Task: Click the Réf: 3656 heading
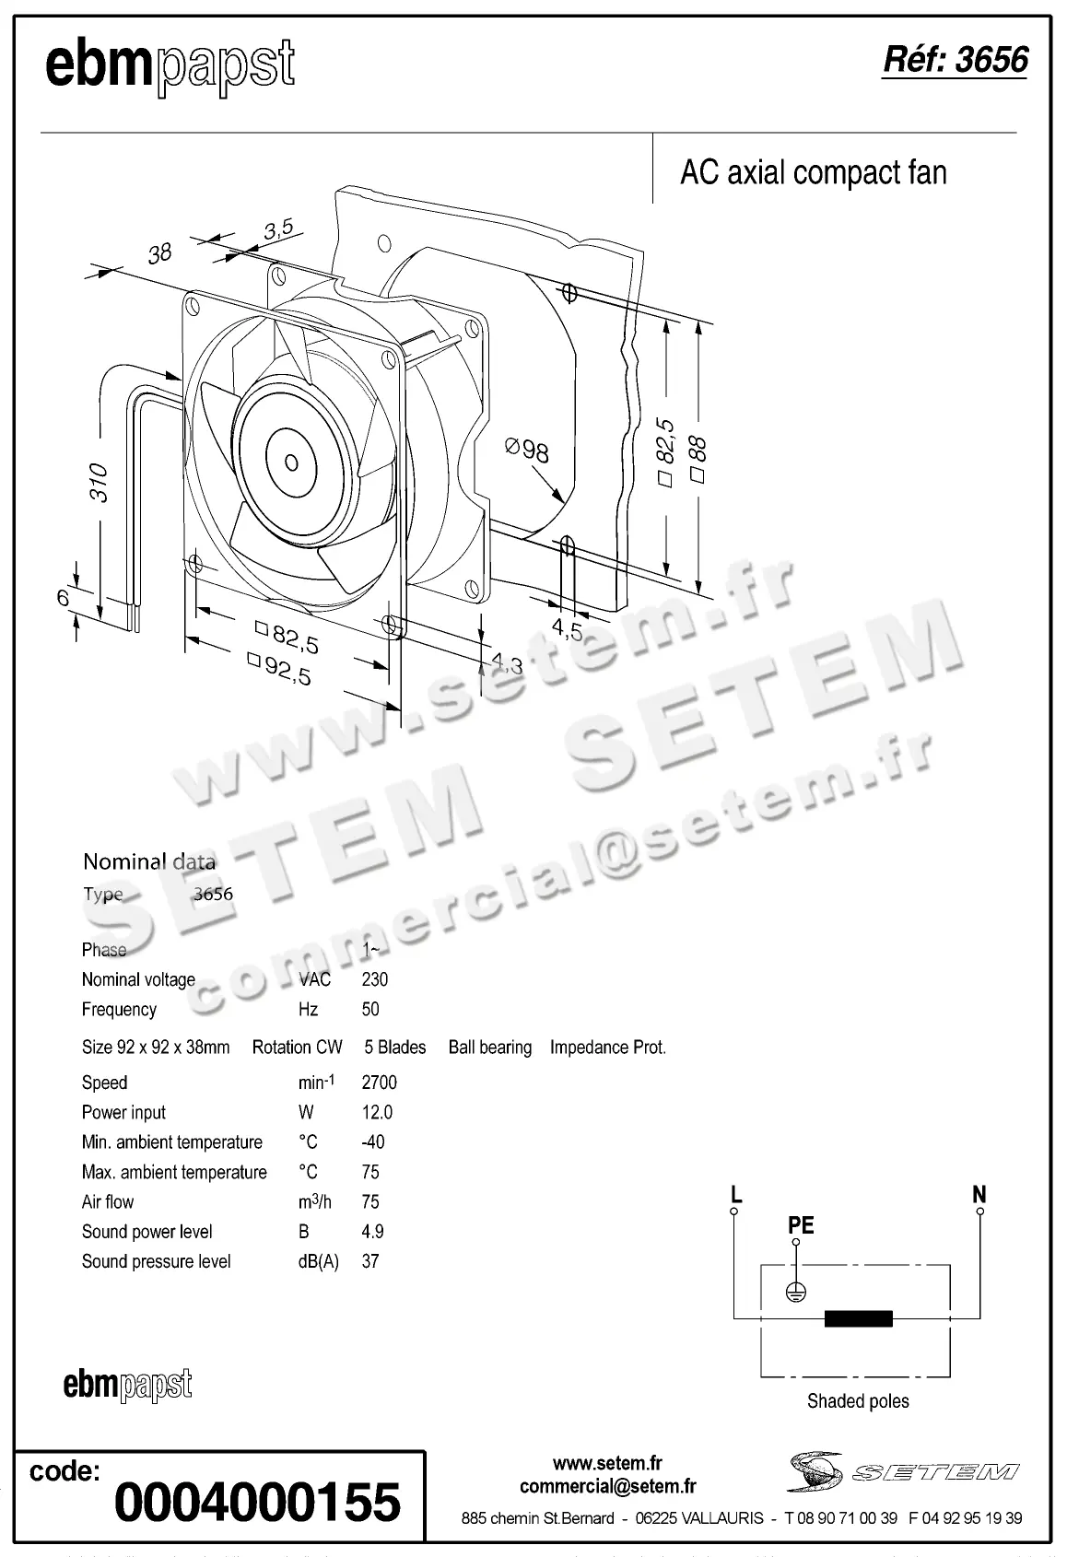click(955, 60)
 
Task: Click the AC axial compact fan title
click(813, 173)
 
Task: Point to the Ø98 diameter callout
click(527, 450)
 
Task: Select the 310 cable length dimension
click(99, 483)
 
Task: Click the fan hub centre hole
click(291, 462)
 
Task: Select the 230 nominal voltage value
click(375, 979)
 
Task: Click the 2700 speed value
click(379, 1083)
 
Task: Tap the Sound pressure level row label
click(156, 1261)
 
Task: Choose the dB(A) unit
click(318, 1261)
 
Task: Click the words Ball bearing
click(489, 1048)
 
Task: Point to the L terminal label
click(735, 1195)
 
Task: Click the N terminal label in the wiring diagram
click(979, 1195)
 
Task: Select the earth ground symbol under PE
click(796, 1293)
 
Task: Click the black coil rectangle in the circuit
click(858, 1318)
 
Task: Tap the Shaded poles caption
click(857, 1401)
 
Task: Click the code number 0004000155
click(257, 1502)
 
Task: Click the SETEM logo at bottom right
click(903, 1472)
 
